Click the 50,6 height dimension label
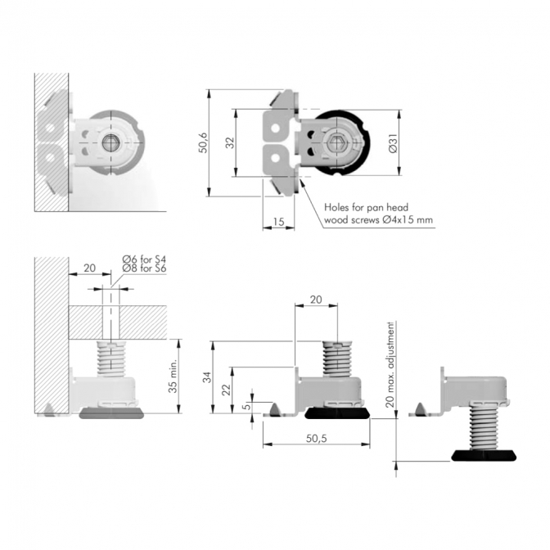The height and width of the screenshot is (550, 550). (x=204, y=142)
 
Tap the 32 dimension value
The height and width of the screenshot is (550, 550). (x=230, y=142)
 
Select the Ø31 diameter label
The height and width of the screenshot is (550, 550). (x=393, y=142)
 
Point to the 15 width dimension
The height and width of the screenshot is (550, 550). (x=278, y=222)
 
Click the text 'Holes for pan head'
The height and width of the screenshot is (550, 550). (x=366, y=207)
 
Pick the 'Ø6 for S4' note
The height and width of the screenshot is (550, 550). (x=144, y=259)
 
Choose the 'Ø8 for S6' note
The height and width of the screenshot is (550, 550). (x=144, y=268)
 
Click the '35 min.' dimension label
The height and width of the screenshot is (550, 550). (x=173, y=376)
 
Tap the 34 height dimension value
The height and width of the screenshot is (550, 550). (x=208, y=377)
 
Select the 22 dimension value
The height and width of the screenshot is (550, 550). (x=227, y=390)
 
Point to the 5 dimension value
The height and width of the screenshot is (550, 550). (x=247, y=406)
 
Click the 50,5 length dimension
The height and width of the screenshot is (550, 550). (x=317, y=439)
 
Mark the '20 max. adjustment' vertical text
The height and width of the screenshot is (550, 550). (x=390, y=364)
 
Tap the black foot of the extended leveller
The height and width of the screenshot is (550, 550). (x=484, y=455)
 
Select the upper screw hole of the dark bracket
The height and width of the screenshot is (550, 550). (x=276, y=128)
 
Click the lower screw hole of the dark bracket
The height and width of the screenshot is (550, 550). (x=276, y=158)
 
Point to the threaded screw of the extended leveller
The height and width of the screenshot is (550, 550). (x=484, y=426)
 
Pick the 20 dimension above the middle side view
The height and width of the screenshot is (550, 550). (x=316, y=300)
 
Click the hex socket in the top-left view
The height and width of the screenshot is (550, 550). (x=110, y=142)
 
